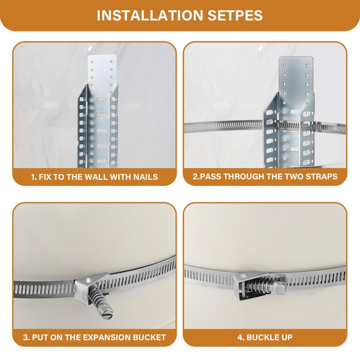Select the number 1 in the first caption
click(33, 177)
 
